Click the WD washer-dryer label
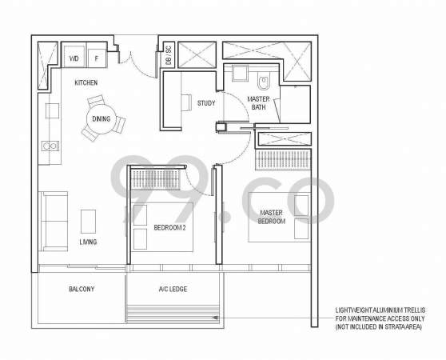point(74,58)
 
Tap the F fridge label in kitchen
point(97,58)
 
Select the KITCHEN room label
point(86,82)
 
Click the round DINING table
point(102,119)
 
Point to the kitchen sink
point(50,146)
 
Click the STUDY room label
point(206,103)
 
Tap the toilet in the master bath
point(264,81)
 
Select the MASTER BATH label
point(258,103)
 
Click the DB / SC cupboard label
point(169,54)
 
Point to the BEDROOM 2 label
point(169,228)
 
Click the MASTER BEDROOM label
point(271,217)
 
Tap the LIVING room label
point(88,242)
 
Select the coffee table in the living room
point(88,222)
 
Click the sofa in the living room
point(54,222)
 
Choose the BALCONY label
point(82,289)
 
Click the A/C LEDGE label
point(173,289)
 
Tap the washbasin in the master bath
point(240,74)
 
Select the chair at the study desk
point(186,102)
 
